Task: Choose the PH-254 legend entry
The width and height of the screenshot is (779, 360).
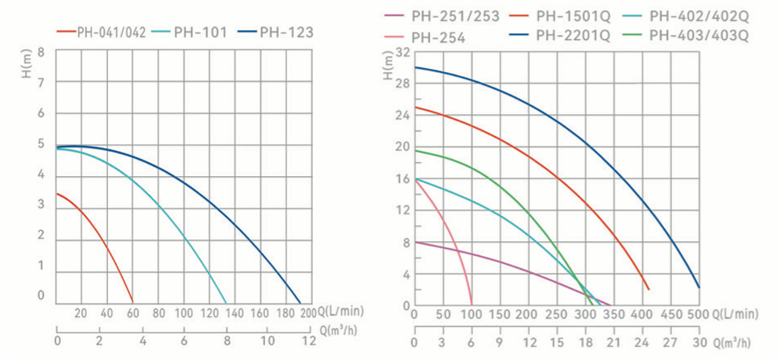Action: (x=437, y=37)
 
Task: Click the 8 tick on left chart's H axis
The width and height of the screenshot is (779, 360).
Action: (x=41, y=52)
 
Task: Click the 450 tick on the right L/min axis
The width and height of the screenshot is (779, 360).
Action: (x=670, y=313)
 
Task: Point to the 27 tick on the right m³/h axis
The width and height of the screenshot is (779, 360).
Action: (x=670, y=343)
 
